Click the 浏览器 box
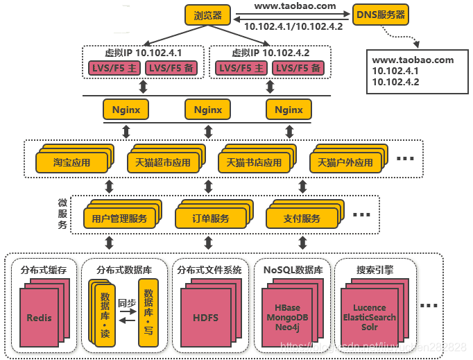point(207,14)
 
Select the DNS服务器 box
point(381,14)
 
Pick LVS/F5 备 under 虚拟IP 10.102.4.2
point(296,69)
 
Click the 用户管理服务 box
point(119,218)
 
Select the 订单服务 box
point(210,218)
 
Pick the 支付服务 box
point(302,218)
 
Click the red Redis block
point(40,318)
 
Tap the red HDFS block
point(205,318)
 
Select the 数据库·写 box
point(148,312)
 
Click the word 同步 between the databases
point(126,303)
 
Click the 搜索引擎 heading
point(375,270)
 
